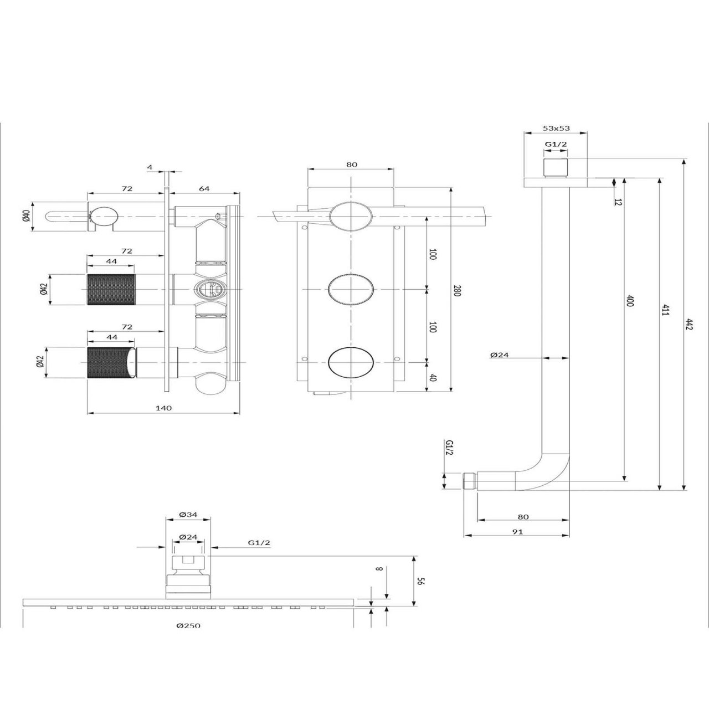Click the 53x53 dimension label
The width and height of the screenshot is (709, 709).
coord(556,129)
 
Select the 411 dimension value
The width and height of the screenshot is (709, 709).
coord(665,310)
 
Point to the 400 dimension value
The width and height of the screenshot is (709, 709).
coord(630,301)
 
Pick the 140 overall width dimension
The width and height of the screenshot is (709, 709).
coord(164,408)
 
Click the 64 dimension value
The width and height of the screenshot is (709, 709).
coord(204,188)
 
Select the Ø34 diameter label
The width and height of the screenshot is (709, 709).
coord(188,515)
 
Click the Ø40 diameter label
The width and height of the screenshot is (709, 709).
coord(25,217)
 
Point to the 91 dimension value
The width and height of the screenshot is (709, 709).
coord(517,532)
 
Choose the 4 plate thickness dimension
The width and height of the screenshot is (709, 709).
coord(150,167)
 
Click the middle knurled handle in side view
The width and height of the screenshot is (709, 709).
coord(111,290)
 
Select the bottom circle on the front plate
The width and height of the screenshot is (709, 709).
coord(351,362)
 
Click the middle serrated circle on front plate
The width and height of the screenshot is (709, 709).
coord(351,290)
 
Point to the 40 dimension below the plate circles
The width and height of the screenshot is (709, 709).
coord(433,378)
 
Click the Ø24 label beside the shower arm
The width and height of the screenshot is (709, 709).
coord(499,355)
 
